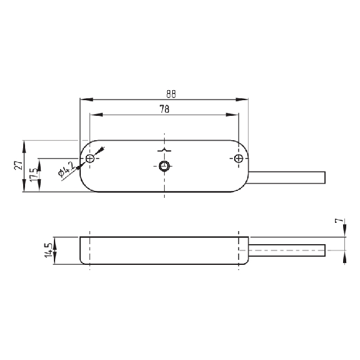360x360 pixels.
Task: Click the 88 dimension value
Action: (x=171, y=94)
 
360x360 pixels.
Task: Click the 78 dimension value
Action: (x=165, y=109)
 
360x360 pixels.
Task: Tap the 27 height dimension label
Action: (x=19, y=165)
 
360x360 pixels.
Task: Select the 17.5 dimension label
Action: (x=34, y=174)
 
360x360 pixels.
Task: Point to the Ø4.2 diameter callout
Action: (x=66, y=170)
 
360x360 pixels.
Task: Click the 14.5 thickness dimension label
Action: (x=49, y=250)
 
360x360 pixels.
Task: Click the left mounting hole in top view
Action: (x=90, y=158)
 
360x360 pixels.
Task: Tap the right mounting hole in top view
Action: (x=239, y=158)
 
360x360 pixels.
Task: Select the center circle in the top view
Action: (x=164, y=166)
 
